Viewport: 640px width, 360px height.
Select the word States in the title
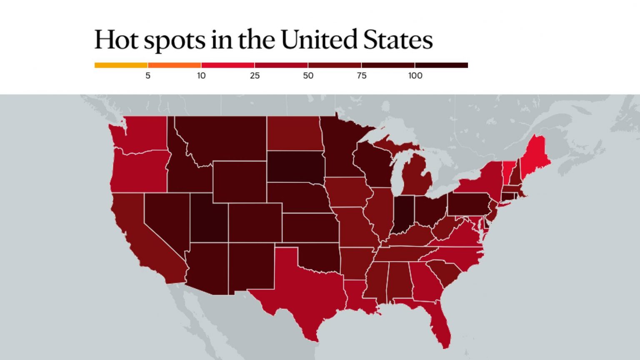[398, 39]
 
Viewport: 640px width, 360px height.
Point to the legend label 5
[148, 76]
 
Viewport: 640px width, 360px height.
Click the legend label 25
[255, 76]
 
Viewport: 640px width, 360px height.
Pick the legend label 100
[415, 76]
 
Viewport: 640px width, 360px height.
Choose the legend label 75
[361, 76]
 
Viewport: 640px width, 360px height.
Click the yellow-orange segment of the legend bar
[121, 65]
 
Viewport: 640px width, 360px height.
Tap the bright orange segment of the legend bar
[174, 65]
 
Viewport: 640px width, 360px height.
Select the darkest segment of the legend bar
[441, 65]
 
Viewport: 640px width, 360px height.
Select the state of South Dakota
[295, 167]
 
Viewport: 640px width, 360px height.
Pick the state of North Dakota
[294, 133]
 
